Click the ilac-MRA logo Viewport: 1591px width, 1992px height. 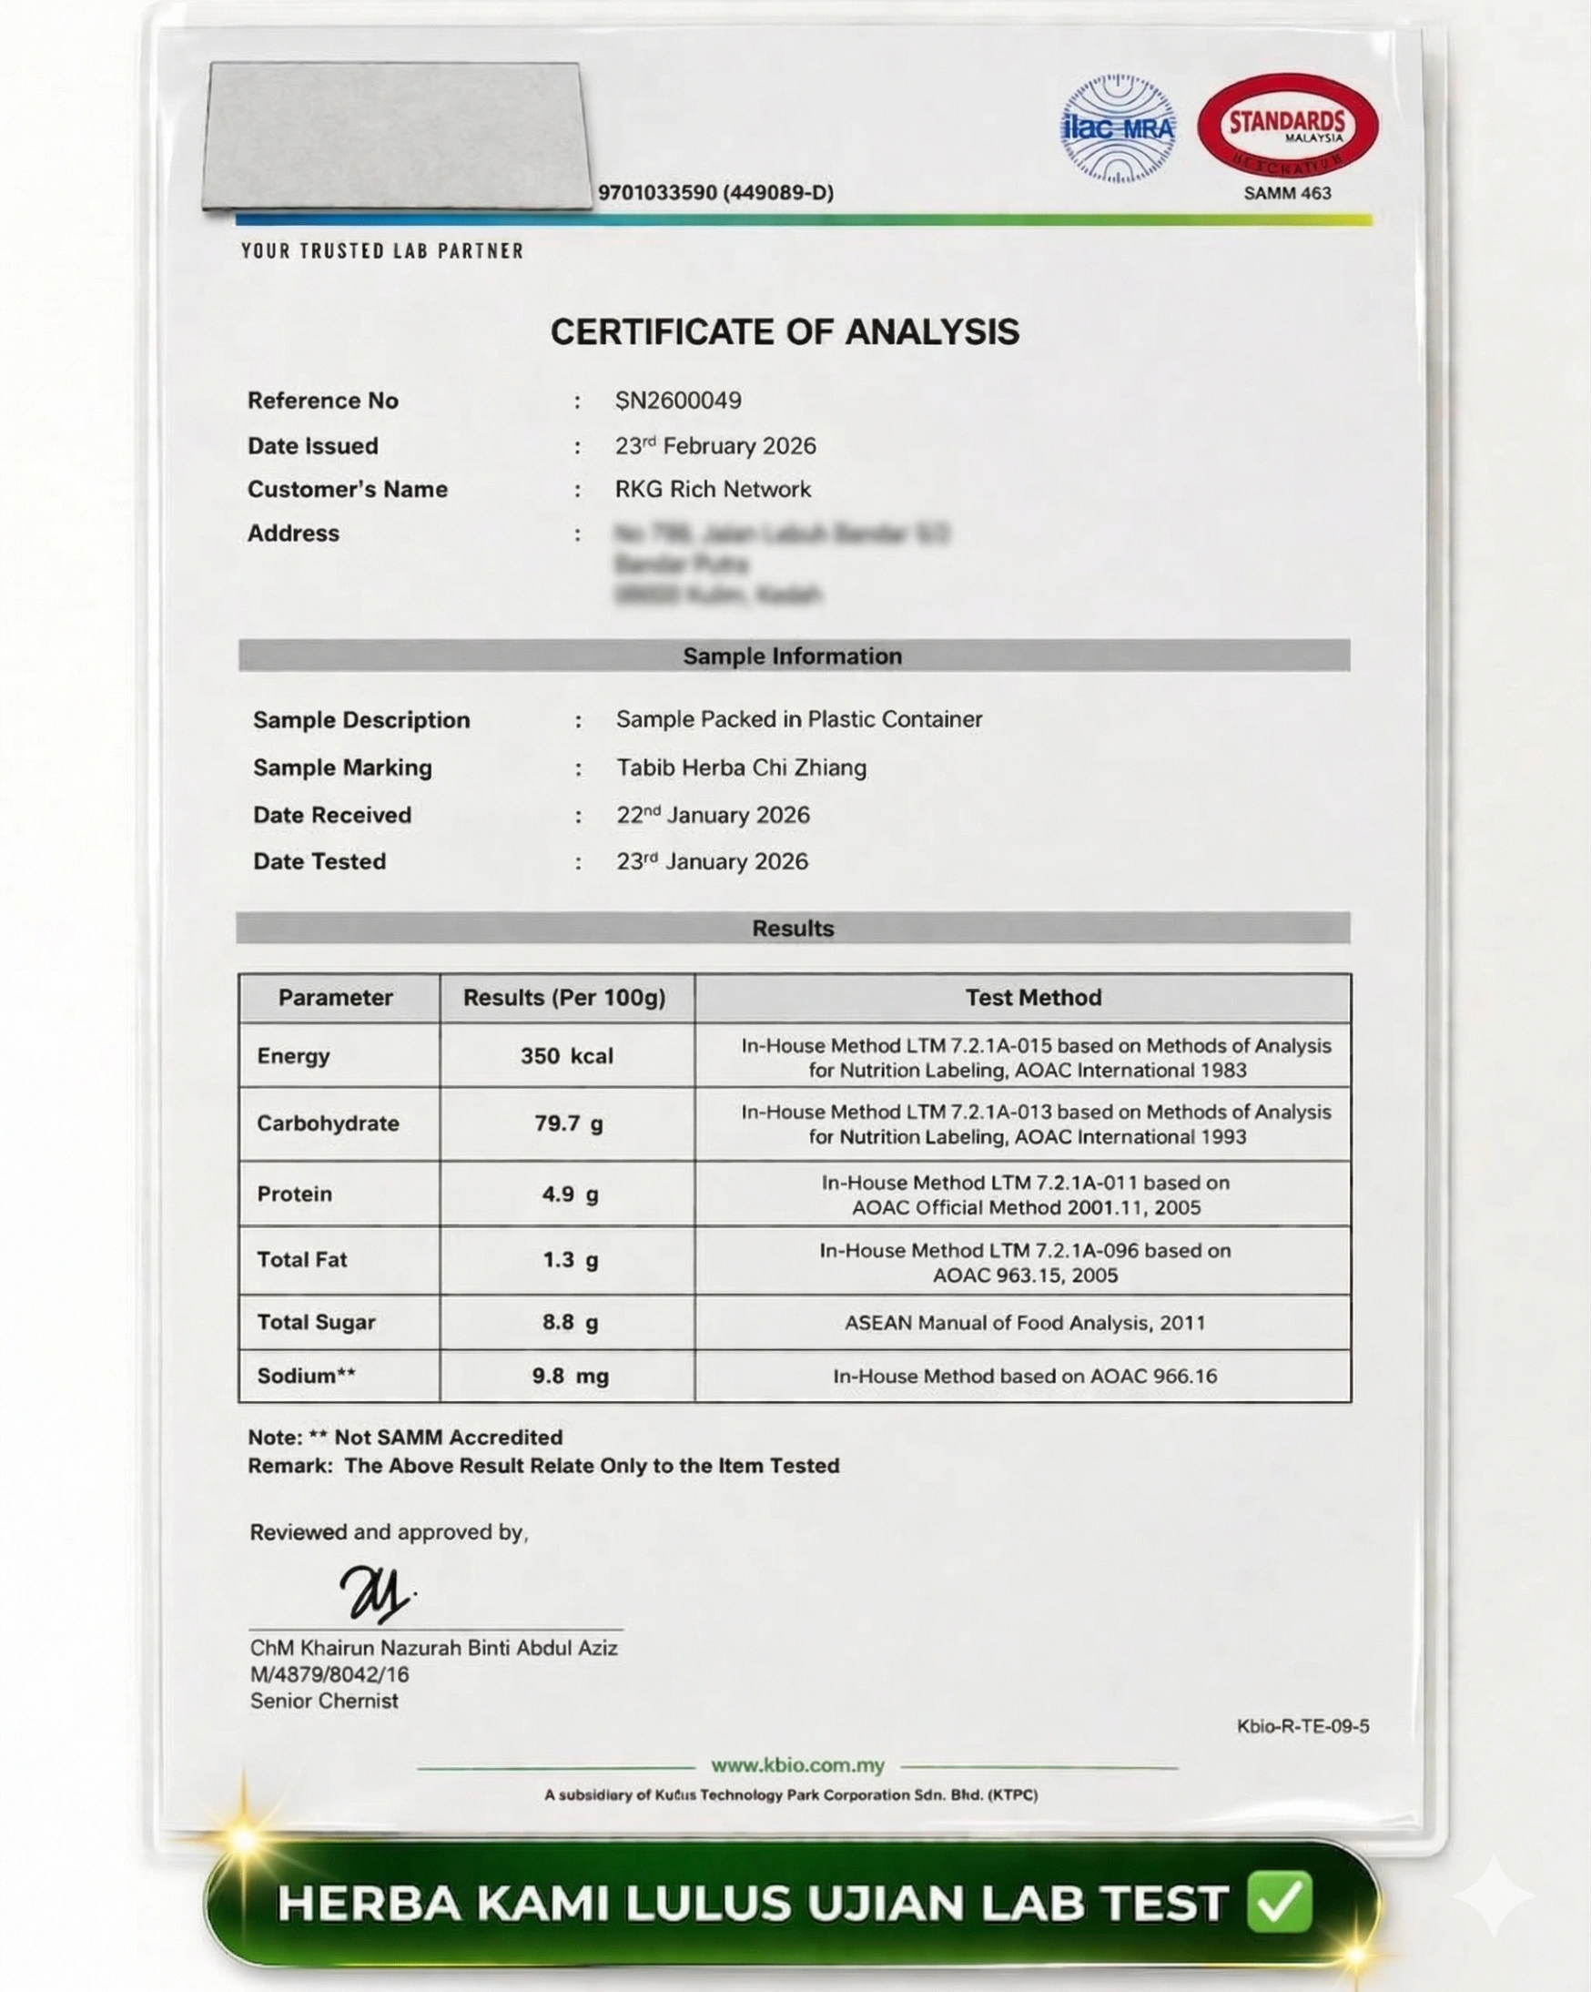pyautogui.click(x=1118, y=128)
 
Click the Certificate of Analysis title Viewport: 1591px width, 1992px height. pyautogui.click(x=785, y=331)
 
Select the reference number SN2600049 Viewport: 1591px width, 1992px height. pyautogui.click(x=678, y=400)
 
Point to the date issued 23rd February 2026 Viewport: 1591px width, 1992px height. pyautogui.click(x=715, y=445)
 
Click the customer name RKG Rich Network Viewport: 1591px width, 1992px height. pyautogui.click(x=713, y=489)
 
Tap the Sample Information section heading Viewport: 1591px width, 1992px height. pyautogui.click(x=792, y=656)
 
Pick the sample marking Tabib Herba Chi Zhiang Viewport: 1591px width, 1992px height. pyautogui.click(x=741, y=767)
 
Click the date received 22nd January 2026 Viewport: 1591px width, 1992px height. pyautogui.click(x=713, y=815)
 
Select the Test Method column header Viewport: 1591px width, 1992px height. pyautogui.click(x=1033, y=998)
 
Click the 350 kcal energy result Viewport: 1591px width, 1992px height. pyautogui.click(x=566, y=1056)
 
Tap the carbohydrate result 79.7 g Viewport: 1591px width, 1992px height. pyautogui.click(x=568, y=1123)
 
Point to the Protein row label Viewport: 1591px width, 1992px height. pyautogui.click(x=295, y=1194)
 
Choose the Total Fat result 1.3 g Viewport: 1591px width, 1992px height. pyautogui.click(x=569, y=1260)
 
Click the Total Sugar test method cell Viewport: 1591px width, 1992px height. pyautogui.click(x=1024, y=1323)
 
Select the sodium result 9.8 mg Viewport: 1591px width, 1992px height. pyautogui.click(x=569, y=1376)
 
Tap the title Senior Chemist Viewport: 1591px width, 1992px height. pyautogui.click(x=323, y=1701)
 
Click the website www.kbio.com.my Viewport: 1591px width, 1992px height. pyautogui.click(x=797, y=1765)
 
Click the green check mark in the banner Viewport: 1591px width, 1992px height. pyautogui.click(x=1280, y=1903)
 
